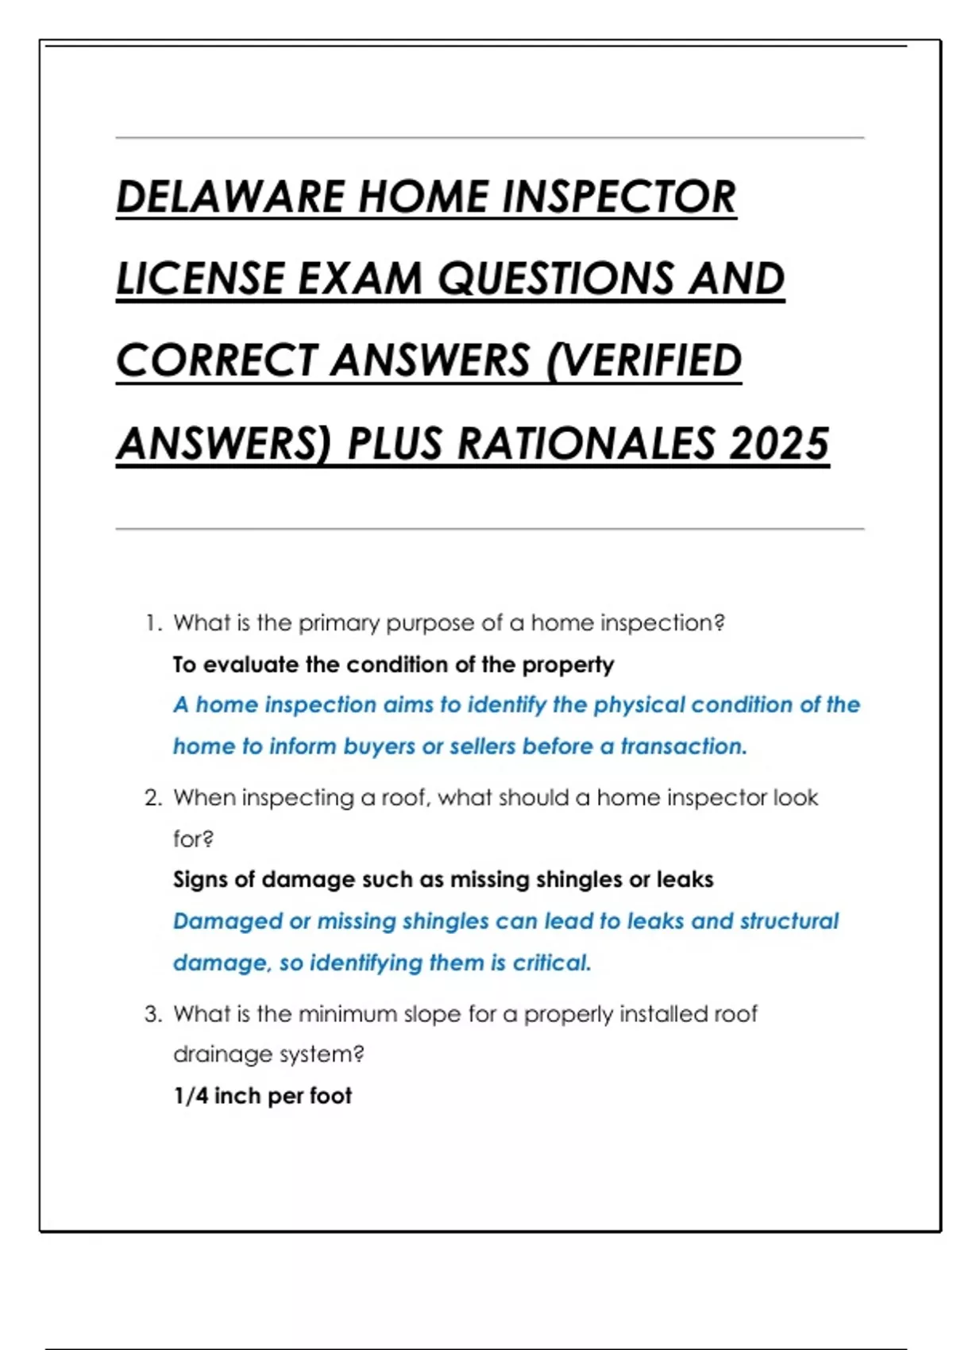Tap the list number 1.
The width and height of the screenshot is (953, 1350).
152,623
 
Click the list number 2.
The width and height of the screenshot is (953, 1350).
152,798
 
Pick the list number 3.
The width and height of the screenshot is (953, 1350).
152,1014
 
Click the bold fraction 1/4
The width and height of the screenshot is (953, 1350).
191,1097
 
